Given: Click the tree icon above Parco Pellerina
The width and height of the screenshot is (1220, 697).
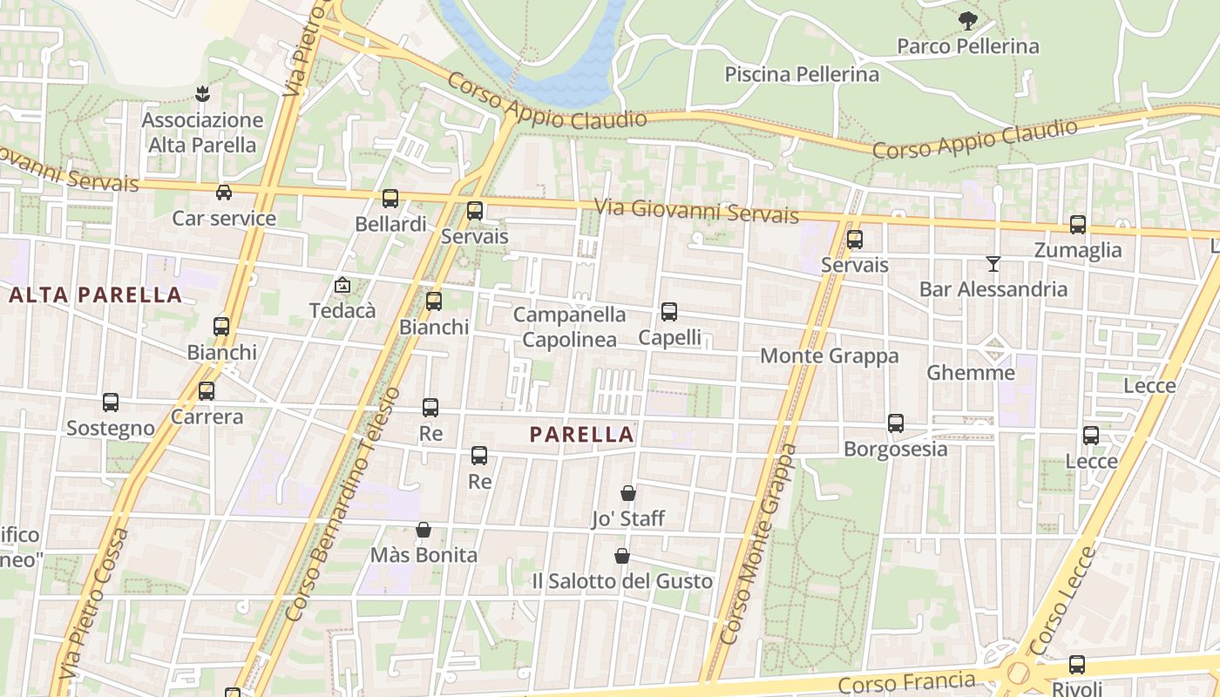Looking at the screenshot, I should coord(967,21).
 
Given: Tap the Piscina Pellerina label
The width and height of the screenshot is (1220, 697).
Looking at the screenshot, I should coord(802,75).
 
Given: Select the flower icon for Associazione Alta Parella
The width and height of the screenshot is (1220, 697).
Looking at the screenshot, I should coord(202,93).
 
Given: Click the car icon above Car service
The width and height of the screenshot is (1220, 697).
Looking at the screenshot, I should coord(224,193).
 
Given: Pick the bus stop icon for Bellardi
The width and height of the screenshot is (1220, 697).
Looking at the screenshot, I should coord(390,199).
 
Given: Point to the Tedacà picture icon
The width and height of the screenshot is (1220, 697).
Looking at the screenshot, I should coord(342,285).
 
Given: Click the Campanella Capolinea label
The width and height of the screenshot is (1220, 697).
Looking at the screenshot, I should coord(569,327).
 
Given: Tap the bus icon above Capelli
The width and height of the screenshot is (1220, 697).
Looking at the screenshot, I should coord(669,312).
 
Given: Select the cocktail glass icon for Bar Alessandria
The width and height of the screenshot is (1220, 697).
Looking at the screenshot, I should coord(993,263).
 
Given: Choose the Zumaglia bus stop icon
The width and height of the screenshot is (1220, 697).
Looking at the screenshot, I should coord(1078,225).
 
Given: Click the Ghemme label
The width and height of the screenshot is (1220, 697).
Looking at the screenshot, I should coord(970,373).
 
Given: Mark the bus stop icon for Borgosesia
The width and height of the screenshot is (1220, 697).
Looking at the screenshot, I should coord(896,423).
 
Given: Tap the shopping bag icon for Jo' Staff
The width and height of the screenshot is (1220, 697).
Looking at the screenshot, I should coord(628,493).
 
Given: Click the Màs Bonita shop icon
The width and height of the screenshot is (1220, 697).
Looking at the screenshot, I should coord(424,530).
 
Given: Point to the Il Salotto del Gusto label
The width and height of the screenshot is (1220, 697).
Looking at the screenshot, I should coord(622,581).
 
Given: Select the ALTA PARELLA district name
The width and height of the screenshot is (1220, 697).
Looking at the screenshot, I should coord(96,294).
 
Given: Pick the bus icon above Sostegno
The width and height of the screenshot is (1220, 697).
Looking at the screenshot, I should coord(111,403).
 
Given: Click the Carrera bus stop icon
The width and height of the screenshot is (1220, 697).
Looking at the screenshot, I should coord(207,391).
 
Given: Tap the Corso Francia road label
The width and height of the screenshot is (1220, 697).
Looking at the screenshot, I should coord(906,682).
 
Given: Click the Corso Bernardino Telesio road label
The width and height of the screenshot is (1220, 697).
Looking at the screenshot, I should coord(342,505).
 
